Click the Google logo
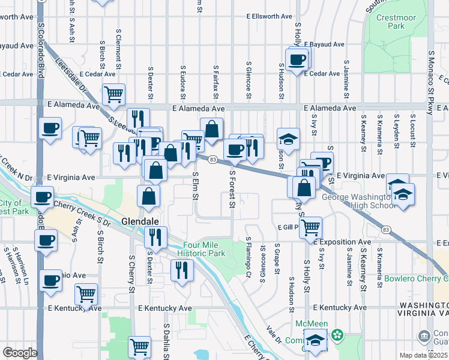(x=20, y=352)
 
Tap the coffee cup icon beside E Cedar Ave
(x=298, y=59)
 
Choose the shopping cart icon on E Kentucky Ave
(x=86, y=294)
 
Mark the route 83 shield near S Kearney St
(x=384, y=230)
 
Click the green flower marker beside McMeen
(x=338, y=334)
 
